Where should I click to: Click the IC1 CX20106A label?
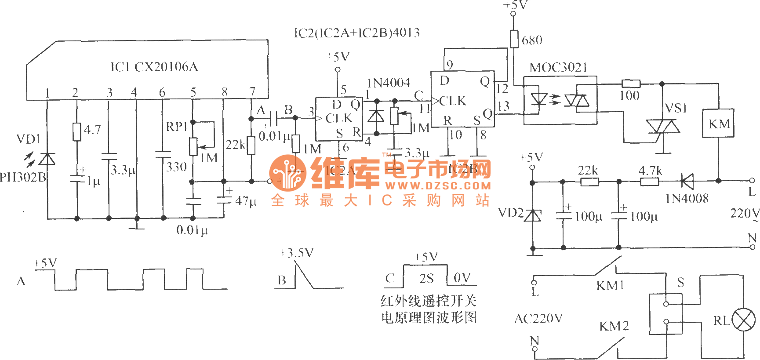[x=154, y=67]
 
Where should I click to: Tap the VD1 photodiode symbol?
[x=47, y=159]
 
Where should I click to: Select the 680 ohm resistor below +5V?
[x=514, y=39]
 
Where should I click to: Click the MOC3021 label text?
[x=558, y=67]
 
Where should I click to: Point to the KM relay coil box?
[x=718, y=124]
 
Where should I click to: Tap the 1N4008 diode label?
[x=687, y=199]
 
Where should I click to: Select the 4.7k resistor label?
[x=650, y=171]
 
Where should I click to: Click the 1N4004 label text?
[x=389, y=83]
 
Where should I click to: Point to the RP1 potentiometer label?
[x=176, y=127]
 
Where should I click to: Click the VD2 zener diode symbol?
[x=533, y=215]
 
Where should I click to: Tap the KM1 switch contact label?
[x=610, y=286]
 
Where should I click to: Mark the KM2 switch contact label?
[x=614, y=326]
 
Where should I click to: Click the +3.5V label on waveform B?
[x=297, y=253]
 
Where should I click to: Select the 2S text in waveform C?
[x=426, y=278]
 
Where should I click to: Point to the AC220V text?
[x=538, y=318]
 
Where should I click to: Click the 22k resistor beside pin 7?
[x=251, y=145]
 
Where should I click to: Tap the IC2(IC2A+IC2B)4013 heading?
[x=356, y=33]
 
